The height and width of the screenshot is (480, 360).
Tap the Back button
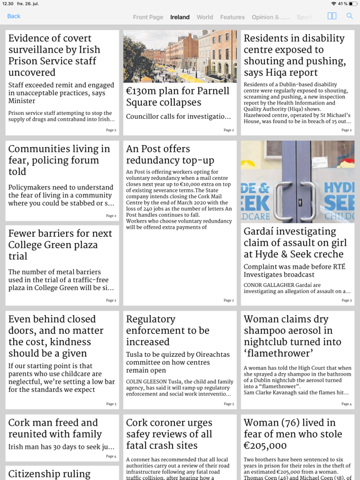tap(14, 16)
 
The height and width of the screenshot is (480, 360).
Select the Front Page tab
tap(148, 17)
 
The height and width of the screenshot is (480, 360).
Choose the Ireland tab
tap(180, 17)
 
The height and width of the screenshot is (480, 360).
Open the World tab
tap(205, 17)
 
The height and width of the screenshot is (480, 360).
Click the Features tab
tap(232, 17)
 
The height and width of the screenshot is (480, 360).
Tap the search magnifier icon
tap(349, 16)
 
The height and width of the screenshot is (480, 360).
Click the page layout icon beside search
tap(332, 16)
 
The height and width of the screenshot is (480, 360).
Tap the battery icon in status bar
tap(352, 4)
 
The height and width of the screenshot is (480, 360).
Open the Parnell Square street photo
tap(180, 56)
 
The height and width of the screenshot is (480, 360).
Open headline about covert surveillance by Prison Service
tap(54, 55)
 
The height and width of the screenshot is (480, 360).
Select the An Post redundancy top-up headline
tap(170, 154)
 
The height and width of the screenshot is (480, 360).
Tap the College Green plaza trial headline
tap(60, 244)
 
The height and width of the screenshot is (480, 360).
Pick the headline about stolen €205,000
tap(292, 434)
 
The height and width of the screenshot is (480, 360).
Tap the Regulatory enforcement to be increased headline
tap(167, 330)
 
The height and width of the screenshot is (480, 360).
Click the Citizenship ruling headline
tap(49, 474)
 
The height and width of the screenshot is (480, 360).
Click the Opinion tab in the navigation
tap(270, 17)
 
